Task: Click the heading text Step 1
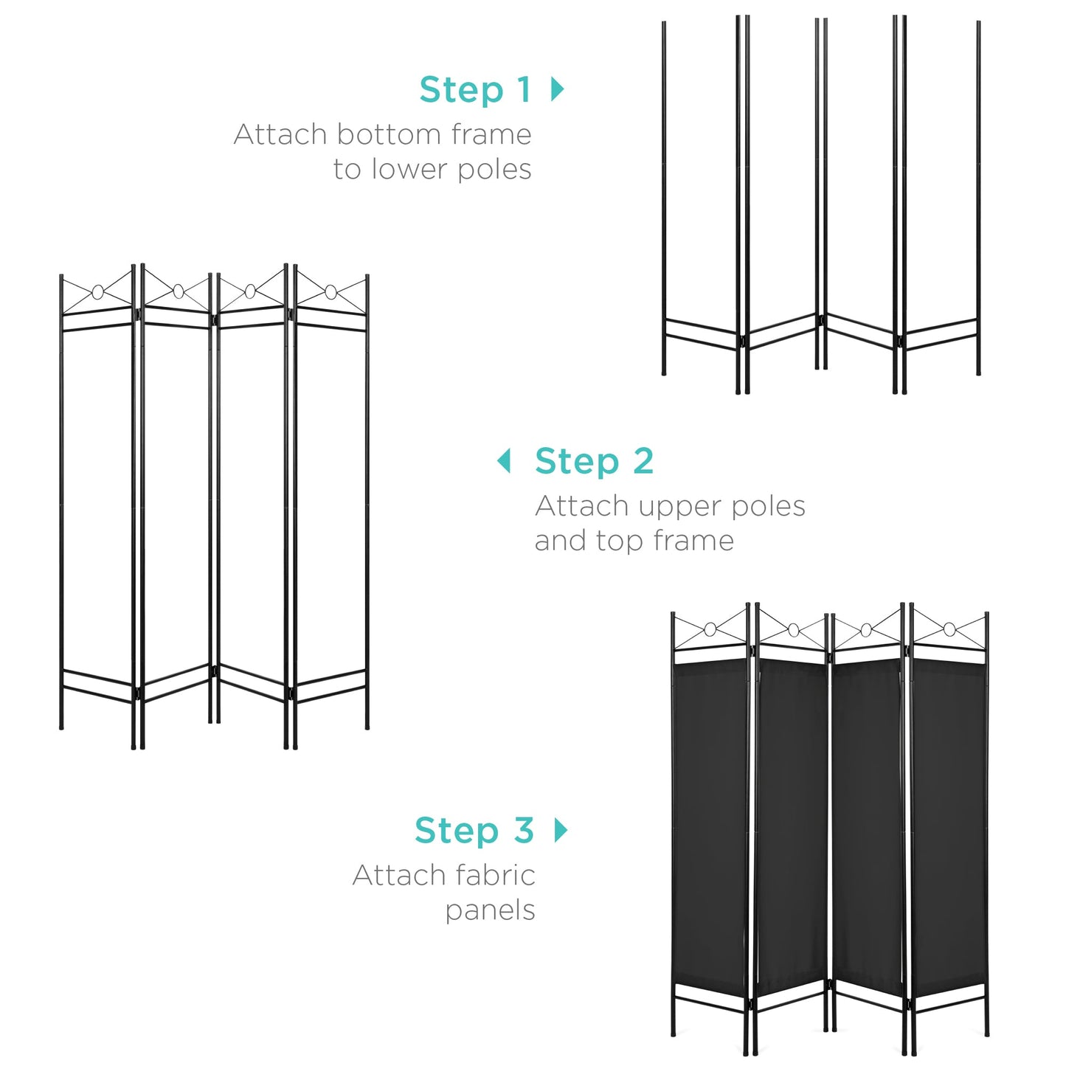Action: pos(475,90)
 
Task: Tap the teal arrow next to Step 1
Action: pos(558,89)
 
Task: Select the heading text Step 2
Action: pos(594,462)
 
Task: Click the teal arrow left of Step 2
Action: pos(504,461)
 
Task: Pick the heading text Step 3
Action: pos(474,831)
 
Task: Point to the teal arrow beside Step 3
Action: pos(561,831)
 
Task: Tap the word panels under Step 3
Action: pos(490,910)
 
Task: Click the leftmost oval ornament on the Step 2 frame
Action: pos(97,292)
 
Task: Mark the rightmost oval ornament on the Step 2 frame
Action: pos(331,292)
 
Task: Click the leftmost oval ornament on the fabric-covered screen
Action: pos(710,629)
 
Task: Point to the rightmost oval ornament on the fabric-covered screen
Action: pos(949,629)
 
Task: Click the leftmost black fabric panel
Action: pos(710,826)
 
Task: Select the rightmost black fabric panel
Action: pos(949,826)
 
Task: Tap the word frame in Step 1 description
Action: pos(491,135)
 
